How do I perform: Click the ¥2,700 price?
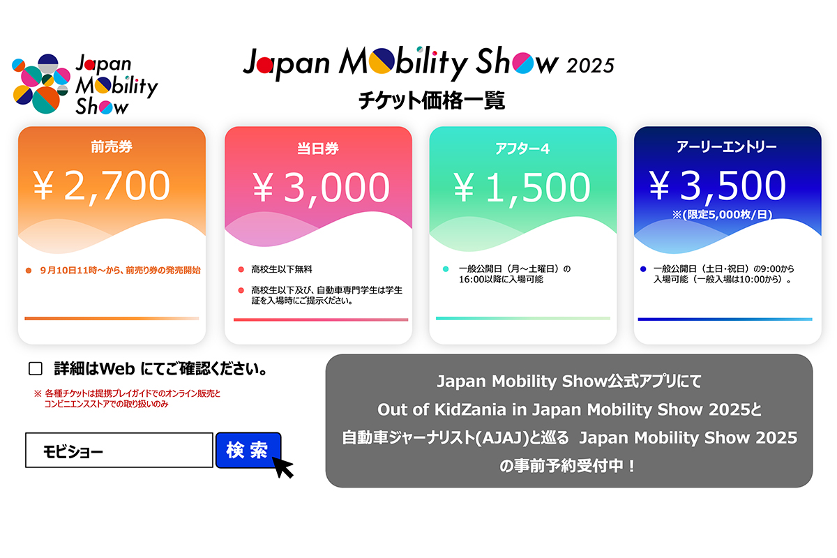102,186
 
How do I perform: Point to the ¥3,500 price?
718,186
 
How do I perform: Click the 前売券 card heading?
112,146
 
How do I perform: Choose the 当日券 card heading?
318,149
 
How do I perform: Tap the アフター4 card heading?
522,149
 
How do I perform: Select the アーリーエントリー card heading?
727,146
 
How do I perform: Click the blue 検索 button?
248,450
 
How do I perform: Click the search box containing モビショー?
119,451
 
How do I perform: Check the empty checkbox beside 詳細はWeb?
36,368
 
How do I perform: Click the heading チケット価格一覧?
432,100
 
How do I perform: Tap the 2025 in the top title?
590,66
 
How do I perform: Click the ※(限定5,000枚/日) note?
723,215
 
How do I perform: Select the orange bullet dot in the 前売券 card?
29,271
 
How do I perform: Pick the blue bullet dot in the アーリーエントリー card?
643,269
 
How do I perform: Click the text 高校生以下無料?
282,269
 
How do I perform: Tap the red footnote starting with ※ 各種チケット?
127,399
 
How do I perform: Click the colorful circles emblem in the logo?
41,84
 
